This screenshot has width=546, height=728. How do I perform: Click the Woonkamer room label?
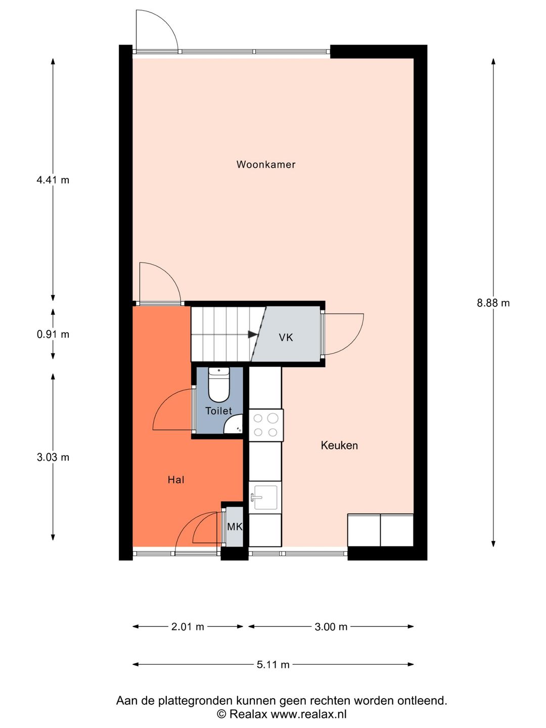(265, 164)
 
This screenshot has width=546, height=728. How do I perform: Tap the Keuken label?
(339, 445)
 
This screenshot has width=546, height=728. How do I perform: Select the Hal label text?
(176, 480)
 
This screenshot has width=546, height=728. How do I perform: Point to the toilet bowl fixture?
(219, 385)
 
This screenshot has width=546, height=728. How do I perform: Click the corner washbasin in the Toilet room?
(234, 426)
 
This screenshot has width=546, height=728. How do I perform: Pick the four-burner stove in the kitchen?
(266, 425)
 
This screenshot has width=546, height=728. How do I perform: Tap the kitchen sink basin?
(265, 497)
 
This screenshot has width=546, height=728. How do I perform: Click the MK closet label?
(235, 527)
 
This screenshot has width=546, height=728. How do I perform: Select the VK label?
(286, 338)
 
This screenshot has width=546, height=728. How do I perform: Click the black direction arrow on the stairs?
(253, 334)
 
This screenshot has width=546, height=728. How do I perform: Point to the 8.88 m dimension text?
(493, 303)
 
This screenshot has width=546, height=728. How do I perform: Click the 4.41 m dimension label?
(53, 180)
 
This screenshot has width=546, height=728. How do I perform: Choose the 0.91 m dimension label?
(53, 334)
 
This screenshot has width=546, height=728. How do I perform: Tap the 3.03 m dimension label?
(53, 458)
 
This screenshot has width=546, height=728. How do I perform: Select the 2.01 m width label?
(188, 627)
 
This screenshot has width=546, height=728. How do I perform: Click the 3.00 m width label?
(331, 627)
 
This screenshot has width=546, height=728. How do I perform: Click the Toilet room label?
(219, 411)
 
